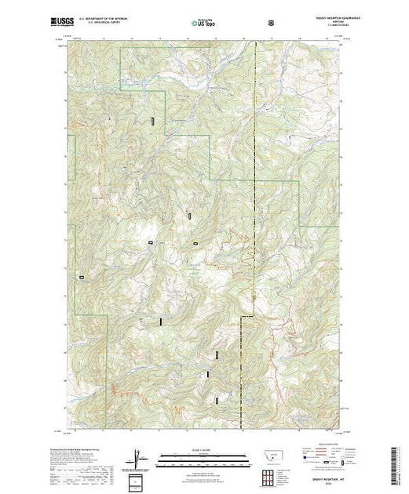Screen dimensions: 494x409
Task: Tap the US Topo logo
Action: pos(195,24)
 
